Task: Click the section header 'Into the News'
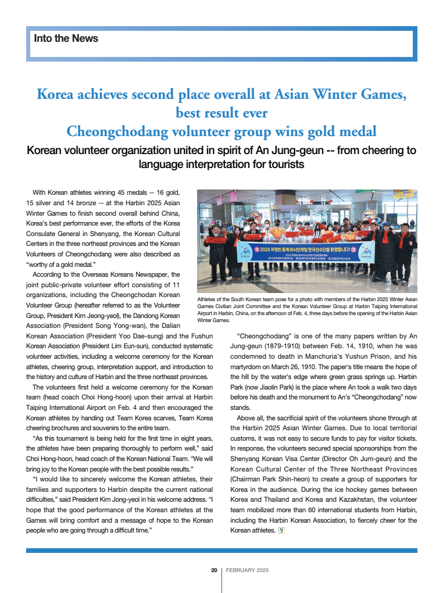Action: [x=66, y=38]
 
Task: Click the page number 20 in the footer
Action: [x=213, y=570]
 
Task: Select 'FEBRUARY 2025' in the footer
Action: [x=247, y=570]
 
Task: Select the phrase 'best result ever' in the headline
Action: [x=222, y=112]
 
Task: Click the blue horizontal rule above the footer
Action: [x=222, y=550]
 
